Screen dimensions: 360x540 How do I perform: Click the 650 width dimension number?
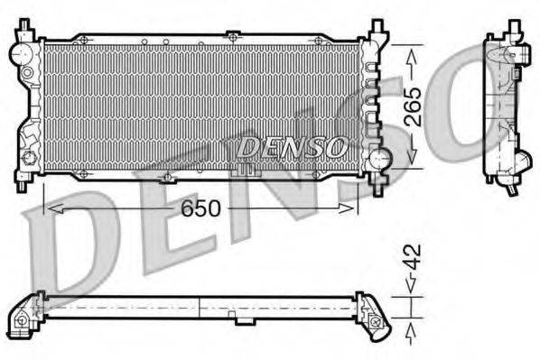coord(201,208)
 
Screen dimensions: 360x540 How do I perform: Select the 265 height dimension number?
coord(412,106)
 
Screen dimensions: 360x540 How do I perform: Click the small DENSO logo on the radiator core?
coord(292,144)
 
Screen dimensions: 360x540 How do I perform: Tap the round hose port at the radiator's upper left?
coord(21,55)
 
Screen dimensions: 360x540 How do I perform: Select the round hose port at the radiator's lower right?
coord(383,161)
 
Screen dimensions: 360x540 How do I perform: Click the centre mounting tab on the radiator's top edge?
coord(232,37)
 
